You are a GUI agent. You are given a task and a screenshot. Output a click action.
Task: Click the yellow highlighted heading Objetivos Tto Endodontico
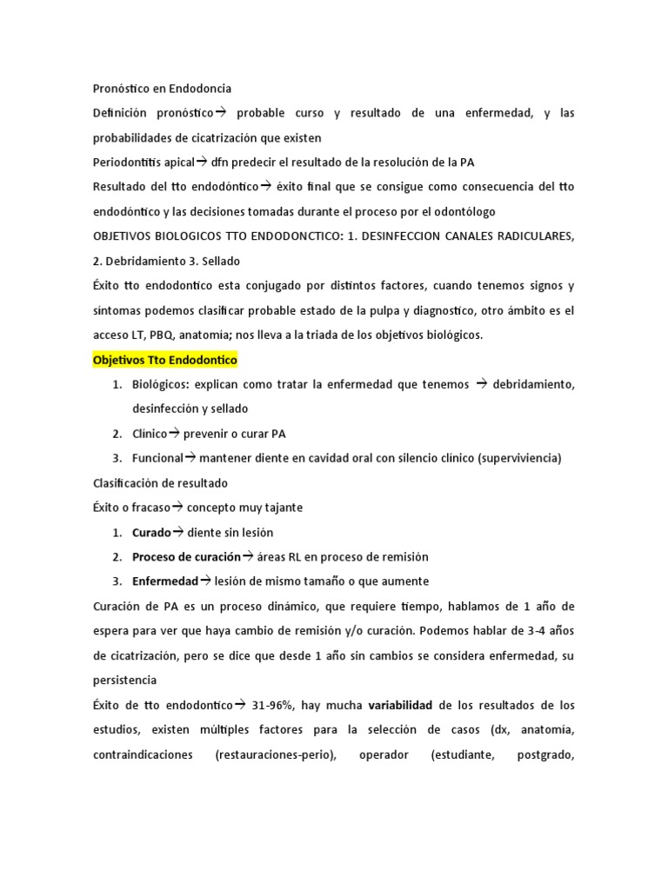164,360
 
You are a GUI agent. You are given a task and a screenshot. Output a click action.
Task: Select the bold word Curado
151,533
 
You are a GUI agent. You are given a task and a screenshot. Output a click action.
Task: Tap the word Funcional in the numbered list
157,458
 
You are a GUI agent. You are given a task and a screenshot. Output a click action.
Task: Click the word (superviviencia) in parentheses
520,458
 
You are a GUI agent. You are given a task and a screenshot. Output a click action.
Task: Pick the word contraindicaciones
143,755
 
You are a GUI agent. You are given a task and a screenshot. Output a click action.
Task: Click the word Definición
118,114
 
